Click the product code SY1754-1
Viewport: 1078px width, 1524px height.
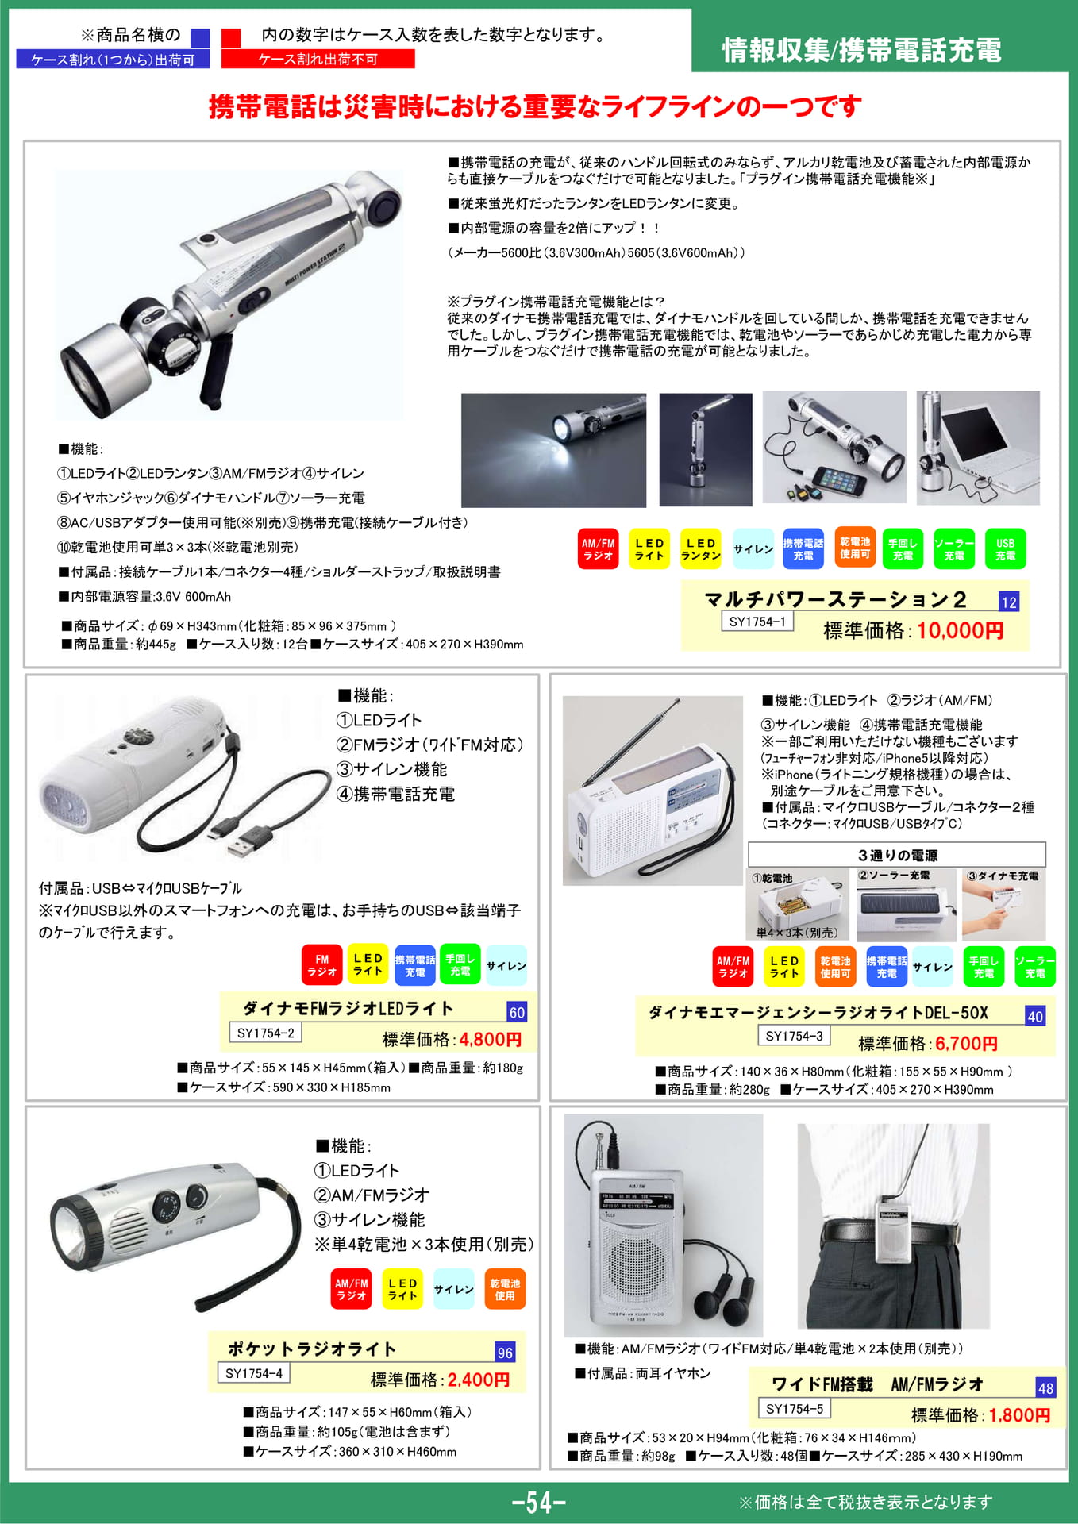757,622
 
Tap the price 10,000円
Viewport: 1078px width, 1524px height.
961,630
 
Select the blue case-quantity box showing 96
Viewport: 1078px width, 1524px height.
505,1353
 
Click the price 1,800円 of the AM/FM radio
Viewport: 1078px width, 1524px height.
1020,1415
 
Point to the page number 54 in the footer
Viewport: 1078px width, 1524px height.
539,1502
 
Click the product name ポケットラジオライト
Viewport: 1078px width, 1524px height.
312,1349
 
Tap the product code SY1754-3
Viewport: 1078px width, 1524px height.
794,1036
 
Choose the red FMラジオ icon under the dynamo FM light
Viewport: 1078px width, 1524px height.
321,965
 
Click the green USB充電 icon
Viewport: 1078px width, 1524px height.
1005,549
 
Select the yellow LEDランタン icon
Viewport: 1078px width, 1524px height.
700,549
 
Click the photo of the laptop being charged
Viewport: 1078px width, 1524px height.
978,448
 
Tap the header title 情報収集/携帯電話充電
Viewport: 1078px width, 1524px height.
861,50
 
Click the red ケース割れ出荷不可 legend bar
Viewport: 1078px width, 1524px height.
318,60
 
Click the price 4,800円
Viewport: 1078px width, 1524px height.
491,1040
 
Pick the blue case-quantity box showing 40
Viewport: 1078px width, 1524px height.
1035,1016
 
